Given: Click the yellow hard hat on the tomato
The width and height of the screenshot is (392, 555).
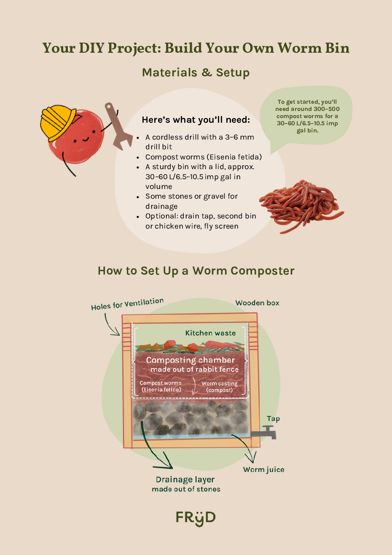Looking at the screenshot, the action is (57, 123).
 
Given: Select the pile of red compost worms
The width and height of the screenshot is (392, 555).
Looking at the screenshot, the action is (301, 206).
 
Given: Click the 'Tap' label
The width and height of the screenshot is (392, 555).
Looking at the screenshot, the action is (274, 419).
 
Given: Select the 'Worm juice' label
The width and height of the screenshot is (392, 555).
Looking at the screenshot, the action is (264, 469).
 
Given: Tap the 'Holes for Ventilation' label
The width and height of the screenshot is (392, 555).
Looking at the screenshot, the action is (127, 304).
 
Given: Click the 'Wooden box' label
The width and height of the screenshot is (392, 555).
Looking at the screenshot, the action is (257, 303).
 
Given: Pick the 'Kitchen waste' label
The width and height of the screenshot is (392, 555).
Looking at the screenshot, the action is (210, 333).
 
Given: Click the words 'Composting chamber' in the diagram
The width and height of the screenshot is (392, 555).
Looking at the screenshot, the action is (191, 360).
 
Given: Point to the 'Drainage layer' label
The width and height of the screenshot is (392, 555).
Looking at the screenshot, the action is (185, 480).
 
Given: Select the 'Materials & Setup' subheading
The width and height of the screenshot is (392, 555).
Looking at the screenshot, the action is (196, 73).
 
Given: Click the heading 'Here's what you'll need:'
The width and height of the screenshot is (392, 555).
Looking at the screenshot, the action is (196, 120).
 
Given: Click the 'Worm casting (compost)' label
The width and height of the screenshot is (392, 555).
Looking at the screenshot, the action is (220, 386).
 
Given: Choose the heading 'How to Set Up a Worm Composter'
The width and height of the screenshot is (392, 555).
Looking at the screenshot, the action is (196, 271).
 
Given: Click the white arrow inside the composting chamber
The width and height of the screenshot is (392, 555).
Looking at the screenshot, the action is (195, 385).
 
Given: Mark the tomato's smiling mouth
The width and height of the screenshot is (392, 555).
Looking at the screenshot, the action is (86, 140).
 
